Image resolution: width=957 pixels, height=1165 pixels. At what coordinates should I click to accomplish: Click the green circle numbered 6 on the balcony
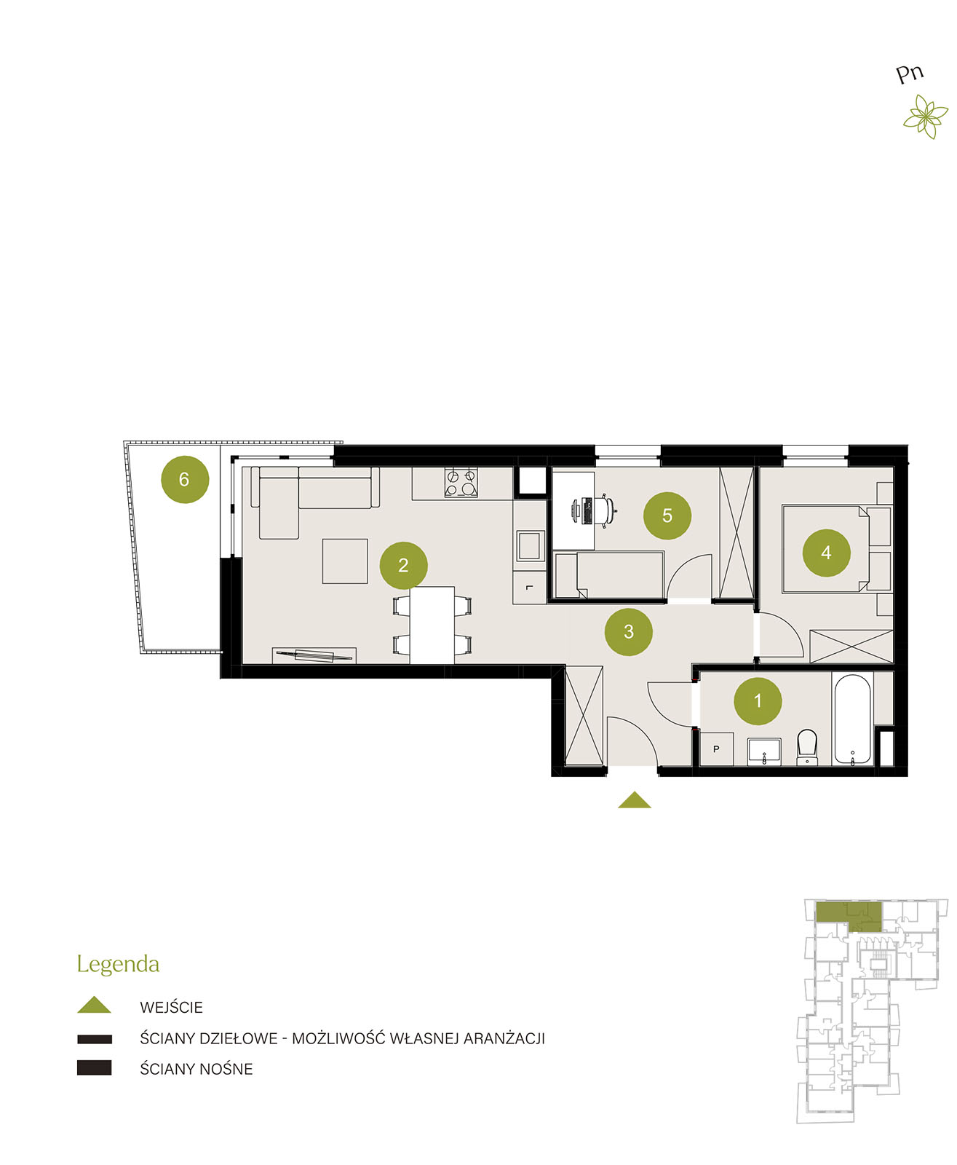(x=184, y=479)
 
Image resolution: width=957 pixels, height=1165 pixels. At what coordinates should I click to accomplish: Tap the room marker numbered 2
(x=403, y=565)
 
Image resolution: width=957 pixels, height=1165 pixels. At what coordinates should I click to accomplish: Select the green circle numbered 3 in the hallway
(x=628, y=631)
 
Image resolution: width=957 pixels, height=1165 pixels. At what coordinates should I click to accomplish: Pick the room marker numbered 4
(x=825, y=553)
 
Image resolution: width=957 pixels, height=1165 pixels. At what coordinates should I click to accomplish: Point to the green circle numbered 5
(x=667, y=516)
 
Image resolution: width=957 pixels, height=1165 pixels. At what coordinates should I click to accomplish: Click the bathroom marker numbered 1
(x=757, y=700)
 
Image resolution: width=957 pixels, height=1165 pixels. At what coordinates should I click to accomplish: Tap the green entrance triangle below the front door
(x=634, y=799)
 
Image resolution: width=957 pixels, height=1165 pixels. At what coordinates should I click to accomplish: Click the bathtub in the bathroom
(x=852, y=719)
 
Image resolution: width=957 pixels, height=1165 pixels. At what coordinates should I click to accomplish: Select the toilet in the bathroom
(x=807, y=746)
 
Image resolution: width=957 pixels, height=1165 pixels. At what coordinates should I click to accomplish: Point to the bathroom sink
(x=763, y=751)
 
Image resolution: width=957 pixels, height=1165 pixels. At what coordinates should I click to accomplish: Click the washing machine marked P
(x=716, y=749)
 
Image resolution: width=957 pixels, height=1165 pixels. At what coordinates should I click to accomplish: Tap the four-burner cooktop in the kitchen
(x=461, y=482)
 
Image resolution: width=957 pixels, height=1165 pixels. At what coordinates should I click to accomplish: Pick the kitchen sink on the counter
(x=528, y=545)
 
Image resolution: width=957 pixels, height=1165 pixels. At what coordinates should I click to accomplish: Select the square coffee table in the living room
(x=344, y=561)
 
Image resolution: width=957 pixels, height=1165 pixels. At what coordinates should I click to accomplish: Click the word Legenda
(x=118, y=963)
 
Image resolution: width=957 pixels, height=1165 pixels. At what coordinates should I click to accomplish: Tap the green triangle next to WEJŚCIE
(x=94, y=1004)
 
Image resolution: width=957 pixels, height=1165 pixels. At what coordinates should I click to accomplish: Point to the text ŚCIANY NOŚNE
(x=196, y=1069)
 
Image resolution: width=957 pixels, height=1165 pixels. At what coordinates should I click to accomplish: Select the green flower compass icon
(x=926, y=116)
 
